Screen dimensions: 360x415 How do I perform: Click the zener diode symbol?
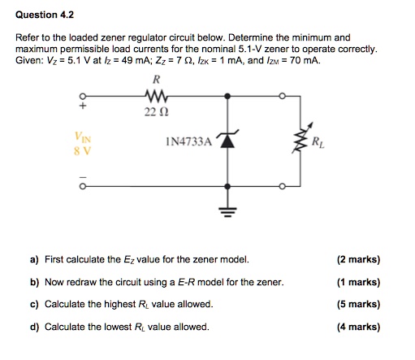[x=228, y=141]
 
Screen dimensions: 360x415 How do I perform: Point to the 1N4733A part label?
[x=189, y=141]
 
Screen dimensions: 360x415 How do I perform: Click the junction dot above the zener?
[x=228, y=96]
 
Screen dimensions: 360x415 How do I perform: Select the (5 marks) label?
[x=357, y=304]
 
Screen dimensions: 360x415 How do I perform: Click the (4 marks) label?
[x=357, y=327]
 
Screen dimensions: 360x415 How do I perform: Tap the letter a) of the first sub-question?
[x=34, y=260]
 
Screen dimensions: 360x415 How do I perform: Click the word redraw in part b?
[x=87, y=282]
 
